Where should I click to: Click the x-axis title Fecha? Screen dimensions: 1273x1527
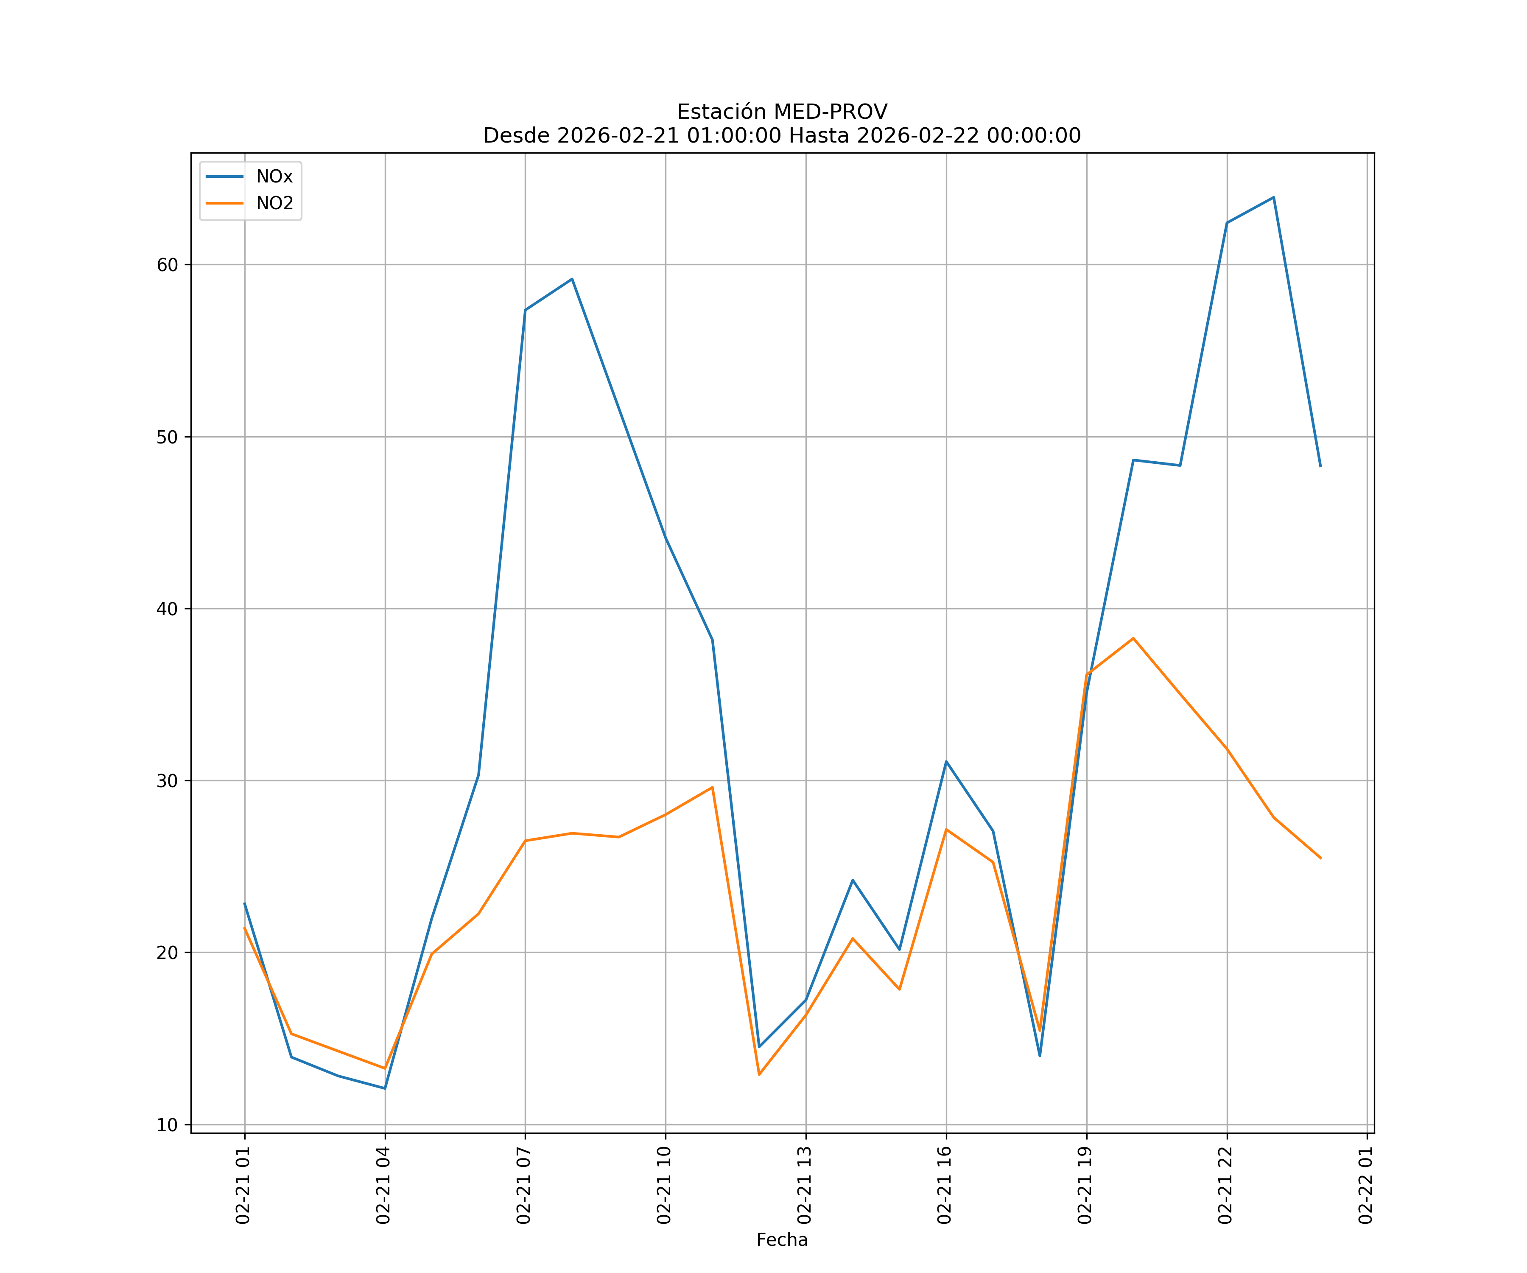click(x=782, y=1239)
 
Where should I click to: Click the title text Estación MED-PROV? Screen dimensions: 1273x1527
click(x=782, y=112)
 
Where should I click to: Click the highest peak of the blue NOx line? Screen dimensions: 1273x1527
click(x=1273, y=197)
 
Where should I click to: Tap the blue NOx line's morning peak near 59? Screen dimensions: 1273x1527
click(x=572, y=279)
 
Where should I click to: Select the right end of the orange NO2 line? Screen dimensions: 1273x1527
click(x=1320, y=858)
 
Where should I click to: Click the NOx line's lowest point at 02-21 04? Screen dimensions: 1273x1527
click(x=385, y=1088)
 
